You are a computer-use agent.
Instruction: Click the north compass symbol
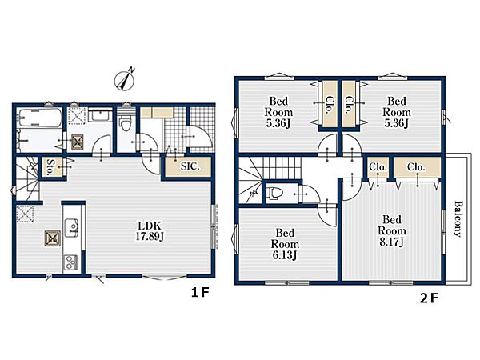(125, 79)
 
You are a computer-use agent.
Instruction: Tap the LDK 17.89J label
(150, 231)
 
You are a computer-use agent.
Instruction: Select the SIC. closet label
(190, 166)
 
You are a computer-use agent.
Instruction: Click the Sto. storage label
(50, 167)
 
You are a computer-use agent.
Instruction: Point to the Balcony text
(458, 218)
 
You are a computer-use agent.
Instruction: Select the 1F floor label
(200, 293)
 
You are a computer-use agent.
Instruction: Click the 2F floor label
(429, 298)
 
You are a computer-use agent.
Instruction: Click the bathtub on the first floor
(40, 118)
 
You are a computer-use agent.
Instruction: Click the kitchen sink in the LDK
(72, 228)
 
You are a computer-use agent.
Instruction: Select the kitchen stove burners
(70, 262)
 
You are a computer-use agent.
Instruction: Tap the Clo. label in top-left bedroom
(330, 105)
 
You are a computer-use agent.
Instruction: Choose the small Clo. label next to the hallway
(378, 167)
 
